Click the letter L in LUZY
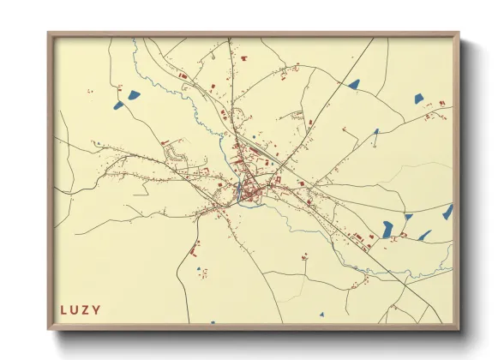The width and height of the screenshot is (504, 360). coord(63,309)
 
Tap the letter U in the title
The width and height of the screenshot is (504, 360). coord(75,309)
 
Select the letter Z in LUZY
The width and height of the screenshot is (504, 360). coord(86,309)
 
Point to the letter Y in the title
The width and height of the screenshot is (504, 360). coord(97,309)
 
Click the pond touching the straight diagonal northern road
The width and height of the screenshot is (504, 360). coord(353,84)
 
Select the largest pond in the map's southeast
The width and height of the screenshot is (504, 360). coord(387,228)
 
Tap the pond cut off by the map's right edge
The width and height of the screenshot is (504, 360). coord(447,212)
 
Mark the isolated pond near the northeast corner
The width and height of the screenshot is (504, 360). coord(418,99)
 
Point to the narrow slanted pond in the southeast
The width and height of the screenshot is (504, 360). coord(424,235)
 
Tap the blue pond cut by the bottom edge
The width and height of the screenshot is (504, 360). coord(213,322)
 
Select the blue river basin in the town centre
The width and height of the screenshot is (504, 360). coord(237,190)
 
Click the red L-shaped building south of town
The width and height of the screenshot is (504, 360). coord(195,251)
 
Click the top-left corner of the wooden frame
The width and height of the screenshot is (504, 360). coord(49,34)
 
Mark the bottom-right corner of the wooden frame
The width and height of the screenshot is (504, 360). coord(458,328)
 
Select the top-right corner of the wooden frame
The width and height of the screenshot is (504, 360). coord(458,34)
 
